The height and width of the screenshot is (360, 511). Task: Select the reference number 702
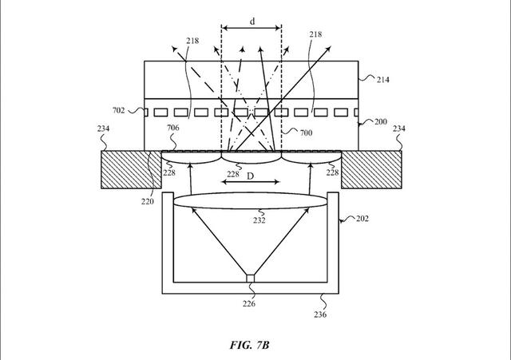point(118,112)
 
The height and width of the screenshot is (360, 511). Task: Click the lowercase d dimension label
point(252,22)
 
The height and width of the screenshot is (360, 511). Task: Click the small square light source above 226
point(251,279)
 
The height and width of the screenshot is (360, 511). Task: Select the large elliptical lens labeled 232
point(251,202)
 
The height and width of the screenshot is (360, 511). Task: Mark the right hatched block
point(374,169)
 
